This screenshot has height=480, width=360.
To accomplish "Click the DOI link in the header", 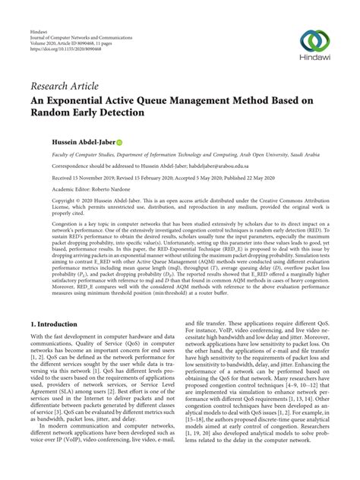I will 55,27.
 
